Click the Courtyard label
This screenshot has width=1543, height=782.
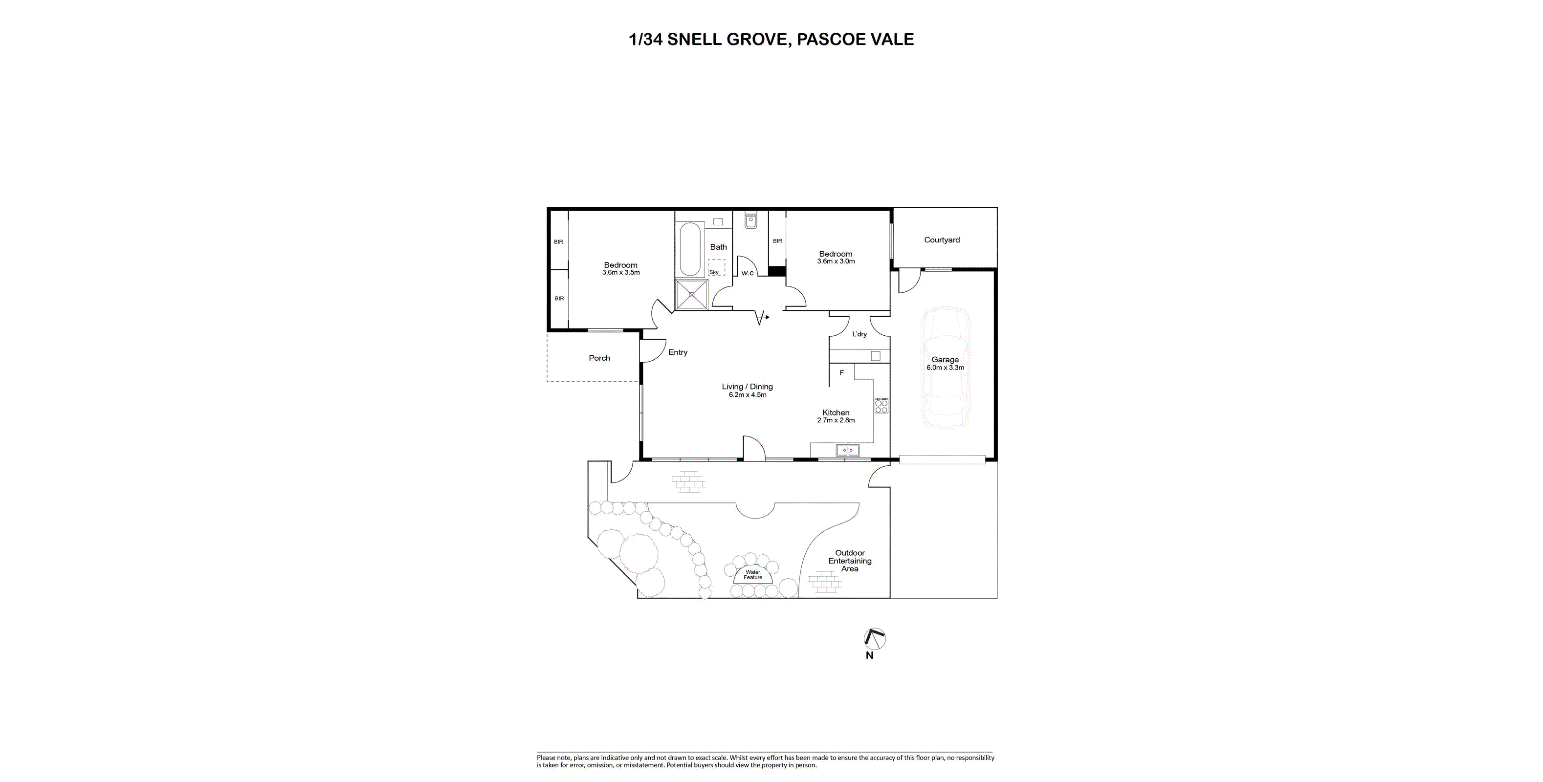point(942,240)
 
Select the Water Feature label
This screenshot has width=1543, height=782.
point(753,575)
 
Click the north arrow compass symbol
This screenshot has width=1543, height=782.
point(875,639)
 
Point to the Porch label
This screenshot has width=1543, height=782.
point(599,358)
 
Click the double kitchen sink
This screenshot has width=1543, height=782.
point(848,450)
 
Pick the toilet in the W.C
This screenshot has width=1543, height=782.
point(750,221)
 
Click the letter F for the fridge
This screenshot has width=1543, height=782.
point(841,373)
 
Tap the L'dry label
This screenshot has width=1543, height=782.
point(860,334)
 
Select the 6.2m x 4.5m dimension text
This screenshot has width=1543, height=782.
point(748,395)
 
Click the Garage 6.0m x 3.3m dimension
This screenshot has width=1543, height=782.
point(945,368)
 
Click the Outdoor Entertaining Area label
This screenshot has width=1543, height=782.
point(850,561)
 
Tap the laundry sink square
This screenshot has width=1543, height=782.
point(875,356)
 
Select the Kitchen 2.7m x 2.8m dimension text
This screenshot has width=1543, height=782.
point(836,420)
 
